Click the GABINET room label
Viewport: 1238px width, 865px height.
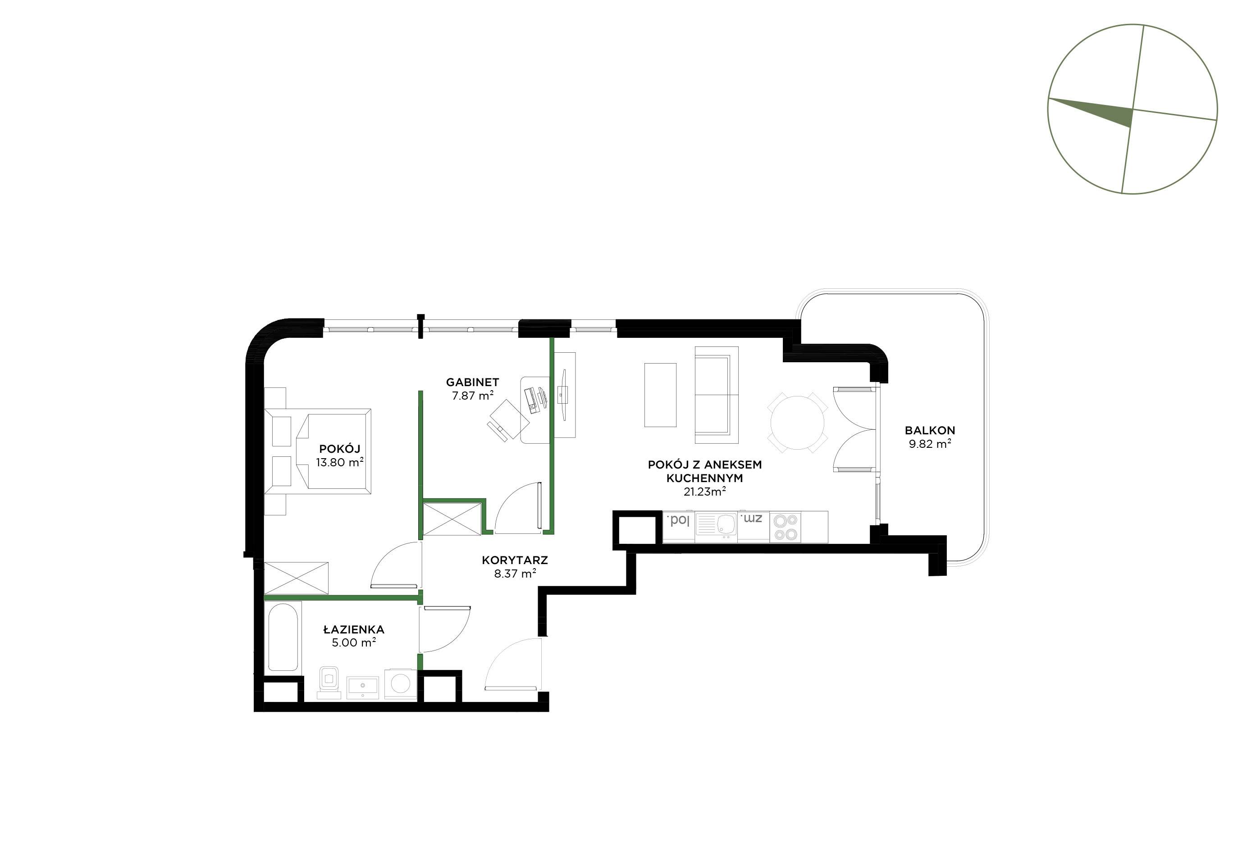[472, 382]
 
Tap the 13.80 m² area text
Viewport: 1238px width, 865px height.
[340, 462]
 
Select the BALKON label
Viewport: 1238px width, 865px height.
[930, 431]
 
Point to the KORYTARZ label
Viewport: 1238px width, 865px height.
[515, 560]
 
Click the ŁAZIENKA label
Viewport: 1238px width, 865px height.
[354, 629]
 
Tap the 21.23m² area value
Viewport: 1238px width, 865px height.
[705, 492]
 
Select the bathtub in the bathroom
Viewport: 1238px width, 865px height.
[283, 637]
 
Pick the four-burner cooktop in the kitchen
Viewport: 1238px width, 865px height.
[785, 527]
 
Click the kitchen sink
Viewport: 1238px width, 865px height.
[716, 526]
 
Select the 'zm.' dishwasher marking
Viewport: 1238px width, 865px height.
[752, 519]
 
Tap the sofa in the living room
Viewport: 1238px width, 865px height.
[717, 390]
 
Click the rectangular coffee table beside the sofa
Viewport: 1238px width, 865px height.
[661, 395]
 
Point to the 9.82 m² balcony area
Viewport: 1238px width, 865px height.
[930, 445]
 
